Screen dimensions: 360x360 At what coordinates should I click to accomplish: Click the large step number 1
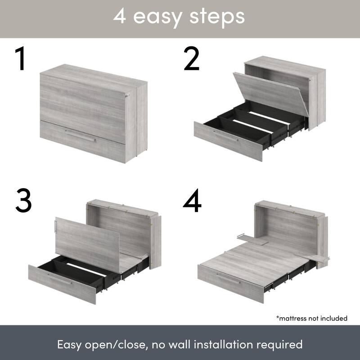20,59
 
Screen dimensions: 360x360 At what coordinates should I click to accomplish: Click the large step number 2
192,59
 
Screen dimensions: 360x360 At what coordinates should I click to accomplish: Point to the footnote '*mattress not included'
312,318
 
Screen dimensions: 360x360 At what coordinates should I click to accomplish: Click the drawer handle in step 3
60,280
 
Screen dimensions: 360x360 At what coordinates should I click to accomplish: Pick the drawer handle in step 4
229,279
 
